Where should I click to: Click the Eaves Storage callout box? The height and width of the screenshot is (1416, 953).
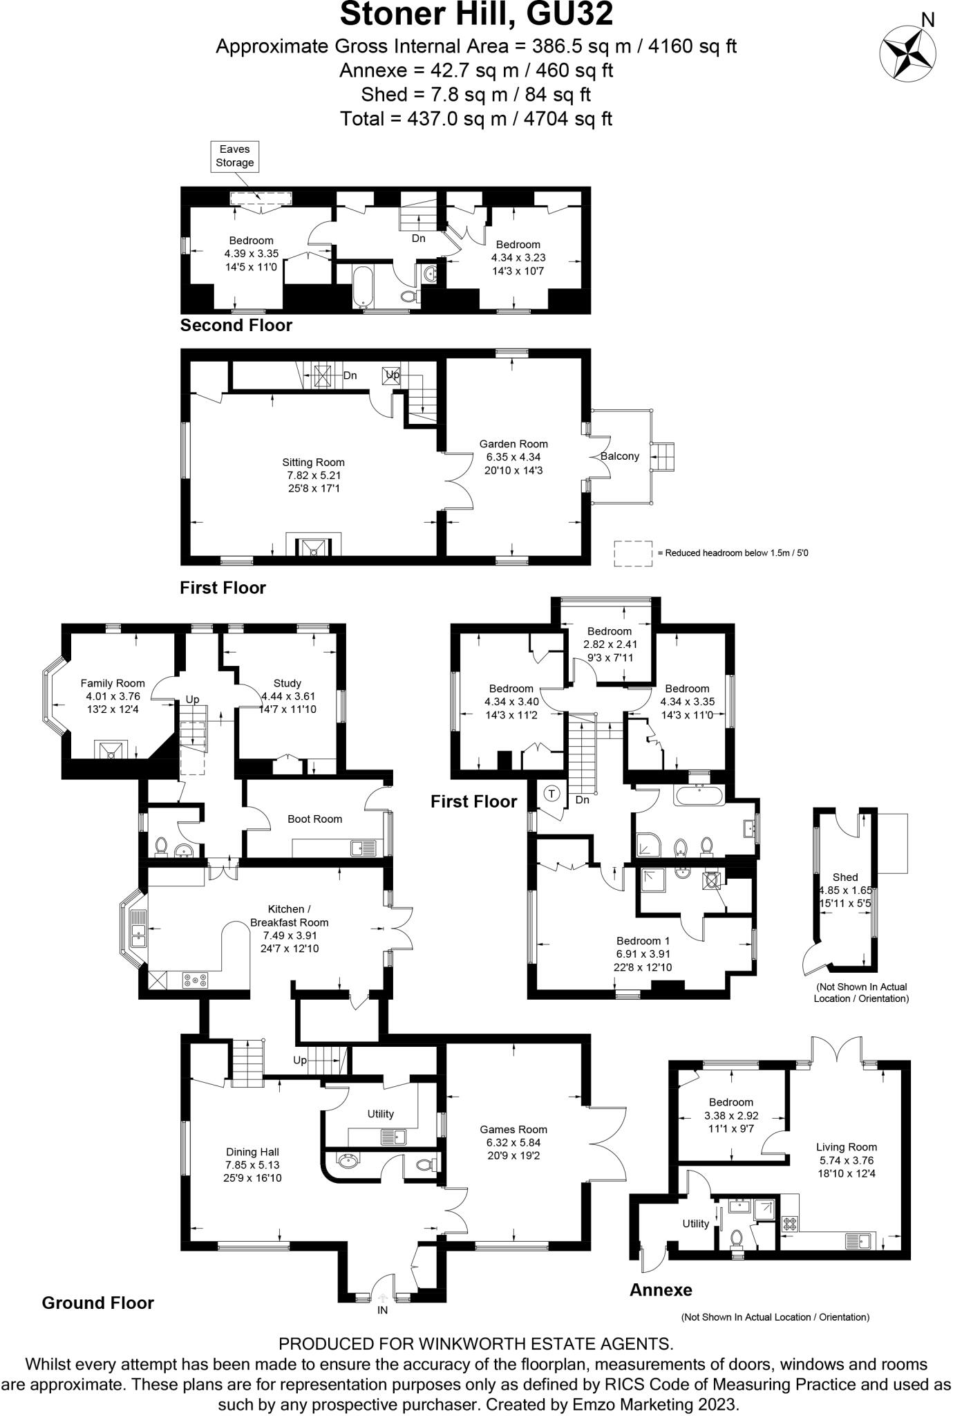tap(234, 156)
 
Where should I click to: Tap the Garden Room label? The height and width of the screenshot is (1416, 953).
tap(513, 444)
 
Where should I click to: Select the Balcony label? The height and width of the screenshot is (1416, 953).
tap(620, 456)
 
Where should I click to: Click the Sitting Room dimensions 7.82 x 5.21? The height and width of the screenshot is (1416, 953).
tap(314, 476)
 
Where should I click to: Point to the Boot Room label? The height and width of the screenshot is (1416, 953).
tap(314, 819)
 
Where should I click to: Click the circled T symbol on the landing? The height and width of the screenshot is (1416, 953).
tap(551, 794)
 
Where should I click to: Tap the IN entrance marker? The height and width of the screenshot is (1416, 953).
tap(382, 1310)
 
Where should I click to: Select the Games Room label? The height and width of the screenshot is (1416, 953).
tap(513, 1130)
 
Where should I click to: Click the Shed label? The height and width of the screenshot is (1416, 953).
tap(845, 877)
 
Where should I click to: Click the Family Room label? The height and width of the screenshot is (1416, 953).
tap(113, 683)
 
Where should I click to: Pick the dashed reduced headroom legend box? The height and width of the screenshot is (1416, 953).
tap(633, 553)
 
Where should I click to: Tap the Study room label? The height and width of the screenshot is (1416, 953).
tap(287, 683)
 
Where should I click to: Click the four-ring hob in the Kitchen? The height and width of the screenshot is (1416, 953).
tap(196, 979)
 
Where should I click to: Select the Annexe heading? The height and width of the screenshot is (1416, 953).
tap(660, 1289)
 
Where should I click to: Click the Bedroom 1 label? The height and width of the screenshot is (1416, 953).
tap(643, 941)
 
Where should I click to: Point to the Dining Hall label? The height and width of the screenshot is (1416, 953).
tap(252, 1152)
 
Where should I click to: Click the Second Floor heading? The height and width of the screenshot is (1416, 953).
tap(236, 325)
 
